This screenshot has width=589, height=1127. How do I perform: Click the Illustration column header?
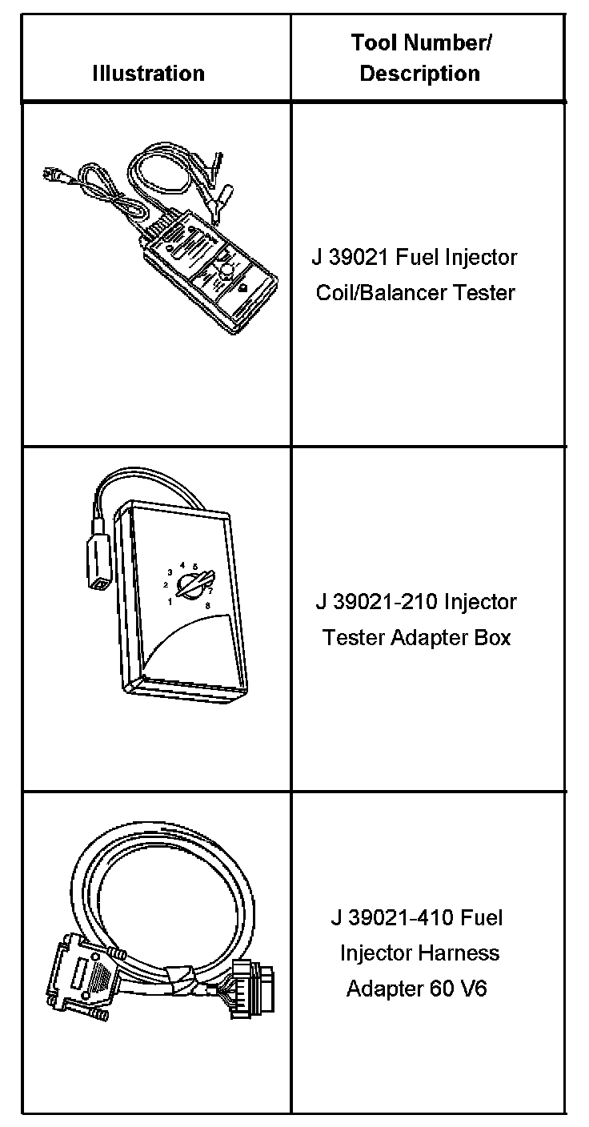148,74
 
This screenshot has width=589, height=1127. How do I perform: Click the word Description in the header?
419,74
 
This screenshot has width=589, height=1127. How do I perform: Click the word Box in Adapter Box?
495,638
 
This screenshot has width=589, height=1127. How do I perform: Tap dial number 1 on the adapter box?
170,602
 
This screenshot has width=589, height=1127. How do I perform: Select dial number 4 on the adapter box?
182,565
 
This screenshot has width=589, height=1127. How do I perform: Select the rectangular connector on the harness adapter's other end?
256,991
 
